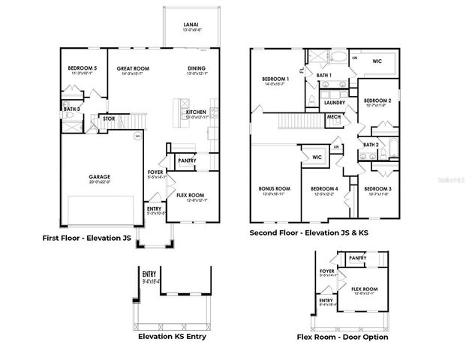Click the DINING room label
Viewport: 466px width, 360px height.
pyautogui.click(x=197, y=69)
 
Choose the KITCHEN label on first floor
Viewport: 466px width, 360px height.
pyautogui.click(x=196, y=112)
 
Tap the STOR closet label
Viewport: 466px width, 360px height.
pyautogui.click(x=108, y=118)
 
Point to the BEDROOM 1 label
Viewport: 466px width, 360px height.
pyautogui.click(x=275, y=79)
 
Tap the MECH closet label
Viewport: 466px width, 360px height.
pyautogui.click(x=333, y=118)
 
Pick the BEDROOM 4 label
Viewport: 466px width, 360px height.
pyautogui.click(x=325, y=188)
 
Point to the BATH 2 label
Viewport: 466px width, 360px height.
pyautogui.click(x=370, y=145)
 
